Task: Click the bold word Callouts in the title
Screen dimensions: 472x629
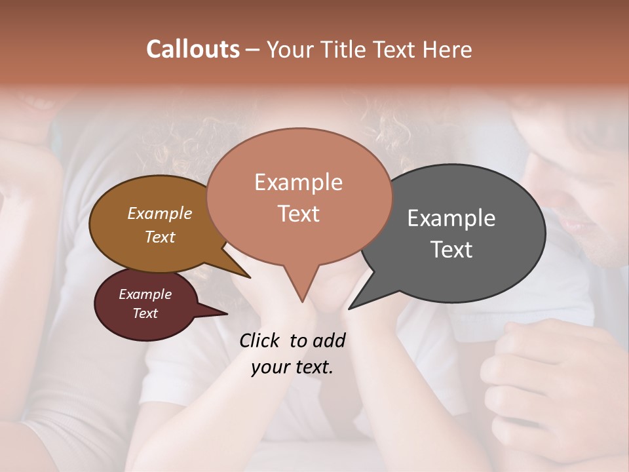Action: pos(193,49)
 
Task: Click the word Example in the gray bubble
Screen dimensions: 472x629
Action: pos(451,218)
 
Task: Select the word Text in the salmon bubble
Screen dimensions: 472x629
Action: pos(299,214)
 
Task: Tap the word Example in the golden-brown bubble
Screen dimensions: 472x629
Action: pos(160,213)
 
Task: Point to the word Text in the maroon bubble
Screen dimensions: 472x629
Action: pos(145,313)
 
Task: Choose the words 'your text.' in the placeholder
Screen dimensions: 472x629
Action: pos(292,367)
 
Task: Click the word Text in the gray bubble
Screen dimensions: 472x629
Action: pos(452,250)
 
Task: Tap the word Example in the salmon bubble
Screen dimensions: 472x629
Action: pos(299,182)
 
